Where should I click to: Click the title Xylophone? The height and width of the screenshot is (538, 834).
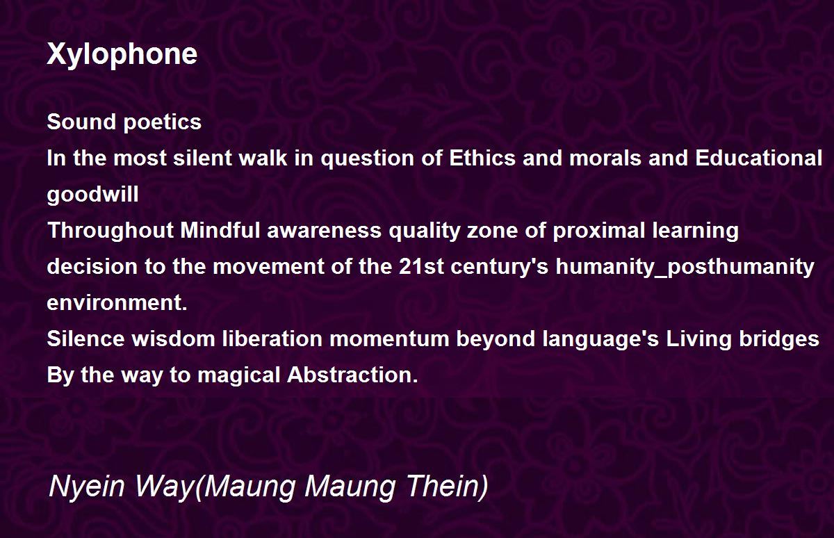pyautogui.click(x=122, y=55)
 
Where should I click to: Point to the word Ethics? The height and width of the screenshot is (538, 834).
pyautogui.click(x=482, y=158)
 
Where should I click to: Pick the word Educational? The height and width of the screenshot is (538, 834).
pyautogui.click(x=758, y=158)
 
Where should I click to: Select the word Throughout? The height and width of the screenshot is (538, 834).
pyautogui.click(x=111, y=231)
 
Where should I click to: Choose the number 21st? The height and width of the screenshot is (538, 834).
pyautogui.click(x=421, y=266)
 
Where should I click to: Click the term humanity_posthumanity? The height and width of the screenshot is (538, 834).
pyautogui.click(x=685, y=268)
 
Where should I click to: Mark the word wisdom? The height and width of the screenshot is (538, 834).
pyautogui.click(x=173, y=339)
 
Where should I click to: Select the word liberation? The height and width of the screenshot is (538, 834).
pyautogui.click(x=272, y=339)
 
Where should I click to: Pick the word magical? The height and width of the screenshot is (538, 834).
pyautogui.click(x=238, y=375)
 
